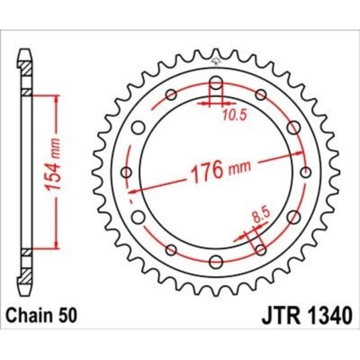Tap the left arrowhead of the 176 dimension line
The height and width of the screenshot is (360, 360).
pos(140,190)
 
